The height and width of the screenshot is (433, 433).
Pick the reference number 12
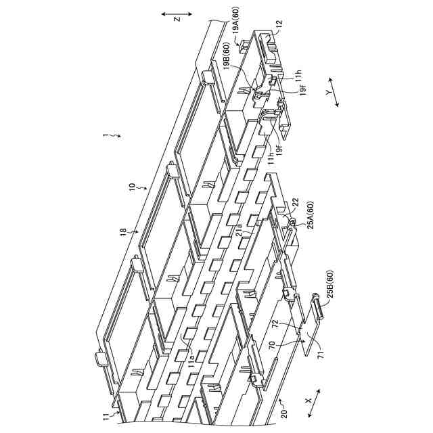[x=278, y=25]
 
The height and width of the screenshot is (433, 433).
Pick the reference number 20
[x=283, y=413]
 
